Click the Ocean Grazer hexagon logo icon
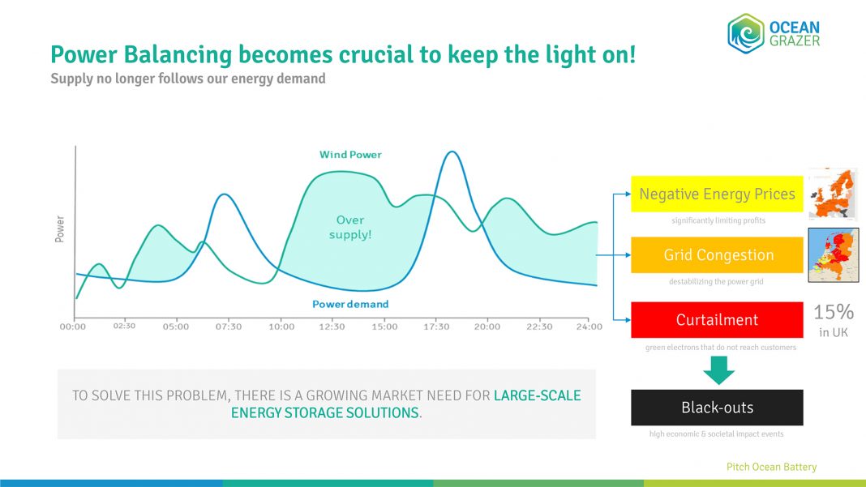tap(746, 33)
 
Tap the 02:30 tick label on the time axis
tap(124, 326)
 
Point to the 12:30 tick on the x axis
tap(332, 327)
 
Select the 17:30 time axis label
tap(436, 327)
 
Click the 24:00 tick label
tap(589, 327)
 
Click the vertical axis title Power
tap(60, 229)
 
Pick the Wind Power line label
tap(350, 154)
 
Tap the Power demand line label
tap(350, 304)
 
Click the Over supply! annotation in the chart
tap(350, 227)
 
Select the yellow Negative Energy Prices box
tap(717, 194)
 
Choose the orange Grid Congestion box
tap(717, 255)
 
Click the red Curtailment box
tap(717, 320)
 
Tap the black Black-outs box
tap(717, 408)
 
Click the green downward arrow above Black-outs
tap(718, 370)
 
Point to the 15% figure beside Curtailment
tap(834, 313)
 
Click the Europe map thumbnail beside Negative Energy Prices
tap(833, 193)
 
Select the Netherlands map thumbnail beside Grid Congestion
tap(833, 254)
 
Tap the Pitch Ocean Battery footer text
tap(771, 467)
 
